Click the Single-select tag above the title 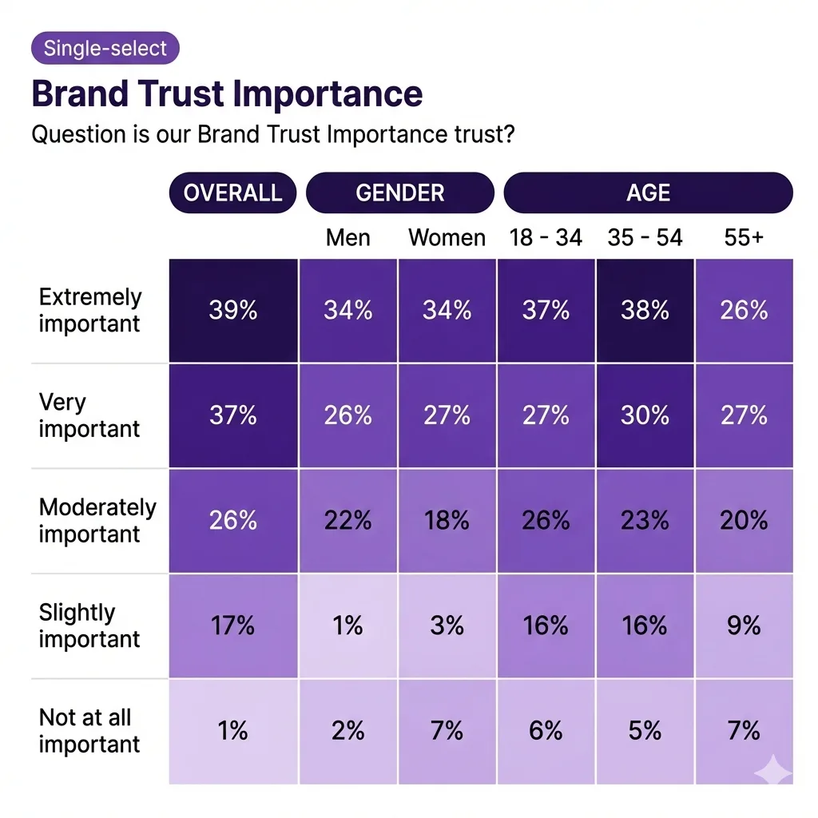pyautogui.click(x=105, y=48)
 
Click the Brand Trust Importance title pyautogui.click(x=227, y=94)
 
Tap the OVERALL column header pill pyautogui.click(x=232, y=193)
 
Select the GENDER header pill pyautogui.click(x=400, y=193)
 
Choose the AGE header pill pyautogui.click(x=648, y=193)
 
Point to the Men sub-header pyautogui.click(x=348, y=237)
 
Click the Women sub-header pyautogui.click(x=447, y=237)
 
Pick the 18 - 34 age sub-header pyautogui.click(x=546, y=237)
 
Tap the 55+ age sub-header pyautogui.click(x=744, y=237)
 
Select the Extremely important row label pyautogui.click(x=89, y=310)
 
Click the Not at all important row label pyautogui.click(x=89, y=731)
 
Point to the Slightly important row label pyautogui.click(x=89, y=625)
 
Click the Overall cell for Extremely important pyautogui.click(x=232, y=310)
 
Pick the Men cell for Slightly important pyautogui.click(x=348, y=625)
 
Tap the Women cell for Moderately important pyautogui.click(x=447, y=520)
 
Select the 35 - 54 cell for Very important pyautogui.click(x=645, y=415)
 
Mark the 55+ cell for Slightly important pyautogui.click(x=744, y=625)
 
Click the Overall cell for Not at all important pyautogui.click(x=232, y=731)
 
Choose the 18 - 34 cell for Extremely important pyautogui.click(x=546, y=310)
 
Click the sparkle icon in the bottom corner pyautogui.click(x=773, y=771)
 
